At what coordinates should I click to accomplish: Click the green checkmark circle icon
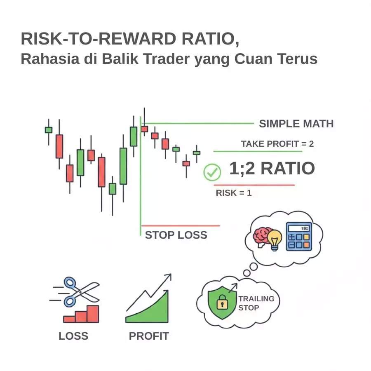coord(212,172)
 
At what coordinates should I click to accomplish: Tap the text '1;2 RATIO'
coord(272,169)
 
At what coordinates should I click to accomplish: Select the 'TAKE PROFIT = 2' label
coord(277,144)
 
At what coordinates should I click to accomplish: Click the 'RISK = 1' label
coord(233,193)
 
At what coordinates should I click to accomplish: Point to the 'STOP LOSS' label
coord(176,235)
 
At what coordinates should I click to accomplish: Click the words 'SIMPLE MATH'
coord(296,124)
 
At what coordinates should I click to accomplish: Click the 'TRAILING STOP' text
coord(256,303)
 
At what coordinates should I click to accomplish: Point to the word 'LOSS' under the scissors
coord(73,336)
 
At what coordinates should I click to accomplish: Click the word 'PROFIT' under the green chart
coord(149,336)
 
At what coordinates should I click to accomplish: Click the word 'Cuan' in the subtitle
coord(254,59)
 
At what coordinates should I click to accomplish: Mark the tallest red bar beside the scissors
coord(93,314)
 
